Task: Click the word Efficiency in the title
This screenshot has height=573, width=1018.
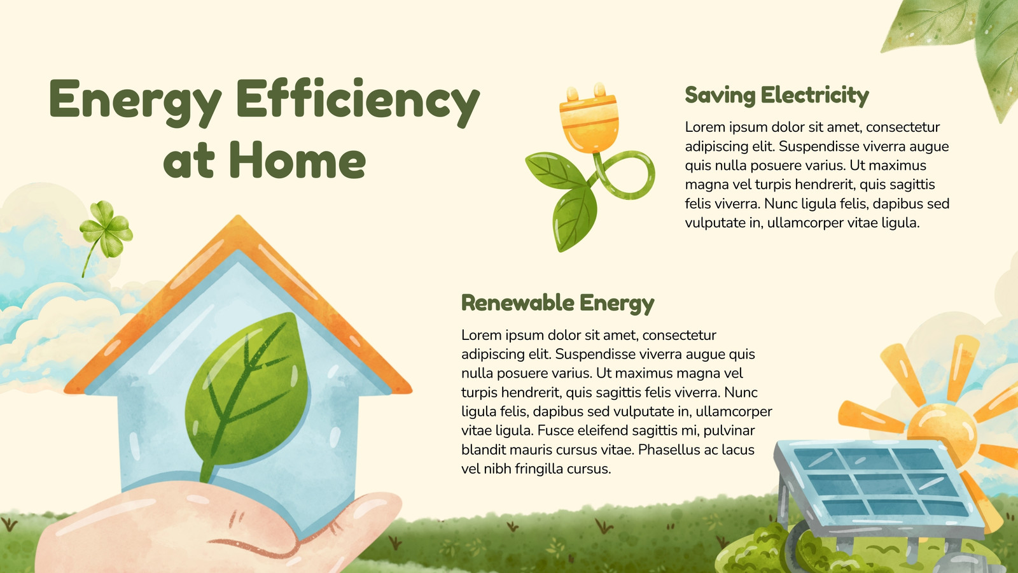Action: [x=358, y=103]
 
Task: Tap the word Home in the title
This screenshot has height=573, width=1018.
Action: [x=297, y=160]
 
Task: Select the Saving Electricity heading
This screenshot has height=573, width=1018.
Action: [x=777, y=96]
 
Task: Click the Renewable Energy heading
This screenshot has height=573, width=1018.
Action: [x=557, y=303]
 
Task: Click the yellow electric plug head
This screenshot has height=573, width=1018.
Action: [x=589, y=118]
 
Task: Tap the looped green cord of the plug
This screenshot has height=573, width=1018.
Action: [x=627, y=175]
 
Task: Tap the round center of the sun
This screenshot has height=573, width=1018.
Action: [x=942, y=430]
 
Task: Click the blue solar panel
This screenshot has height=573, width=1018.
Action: [x=879, y=485]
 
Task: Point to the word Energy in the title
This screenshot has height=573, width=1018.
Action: [x=136, y=103]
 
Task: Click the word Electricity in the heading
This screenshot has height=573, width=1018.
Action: [x=815, y=96]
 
